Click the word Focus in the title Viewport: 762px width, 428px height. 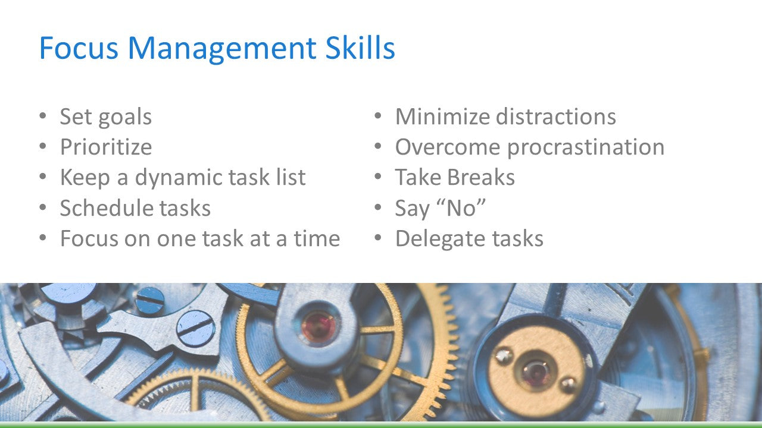pyautogui.click(x=79, y=48)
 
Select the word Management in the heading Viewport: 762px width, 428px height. pyautogui.click(x=222, y=49)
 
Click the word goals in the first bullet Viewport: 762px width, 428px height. pyautogui.click(x=124, y=117)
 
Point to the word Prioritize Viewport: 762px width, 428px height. pyautogui.click(x=106, y=147)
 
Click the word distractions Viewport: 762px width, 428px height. pyautogui.click(x=556, y=117)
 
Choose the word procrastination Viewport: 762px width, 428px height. pyautogui.click(x=586, y=148)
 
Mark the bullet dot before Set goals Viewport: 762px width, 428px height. pyautogui.click(x=42, y=115)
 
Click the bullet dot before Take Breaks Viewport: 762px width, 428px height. pyautogui.click(x=377, y=177)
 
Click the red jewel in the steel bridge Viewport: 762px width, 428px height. pyautogui.click(x=318, y=327)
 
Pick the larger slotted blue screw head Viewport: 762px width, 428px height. pyautogui.click(x=196, y=328)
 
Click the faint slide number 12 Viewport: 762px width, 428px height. pyautogui.click(x=44, y=398)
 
